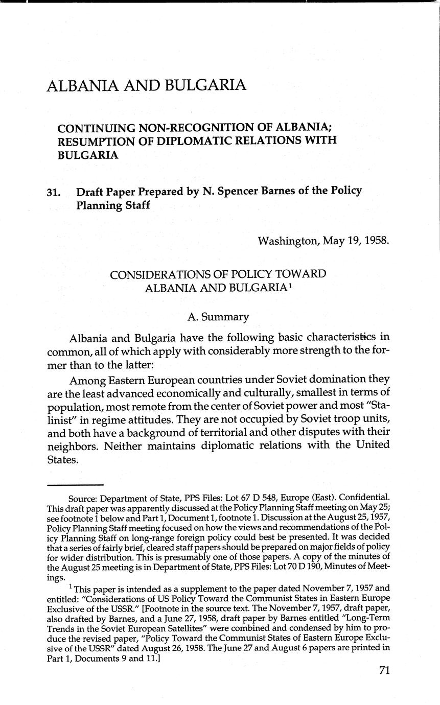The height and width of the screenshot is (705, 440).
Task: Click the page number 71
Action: coord(384,670)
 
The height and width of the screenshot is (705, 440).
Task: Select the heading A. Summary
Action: coord(218,317)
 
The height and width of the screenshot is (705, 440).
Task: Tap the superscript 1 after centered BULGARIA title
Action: coord(289,285)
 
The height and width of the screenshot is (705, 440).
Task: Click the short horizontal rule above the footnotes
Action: coord(75,484)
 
